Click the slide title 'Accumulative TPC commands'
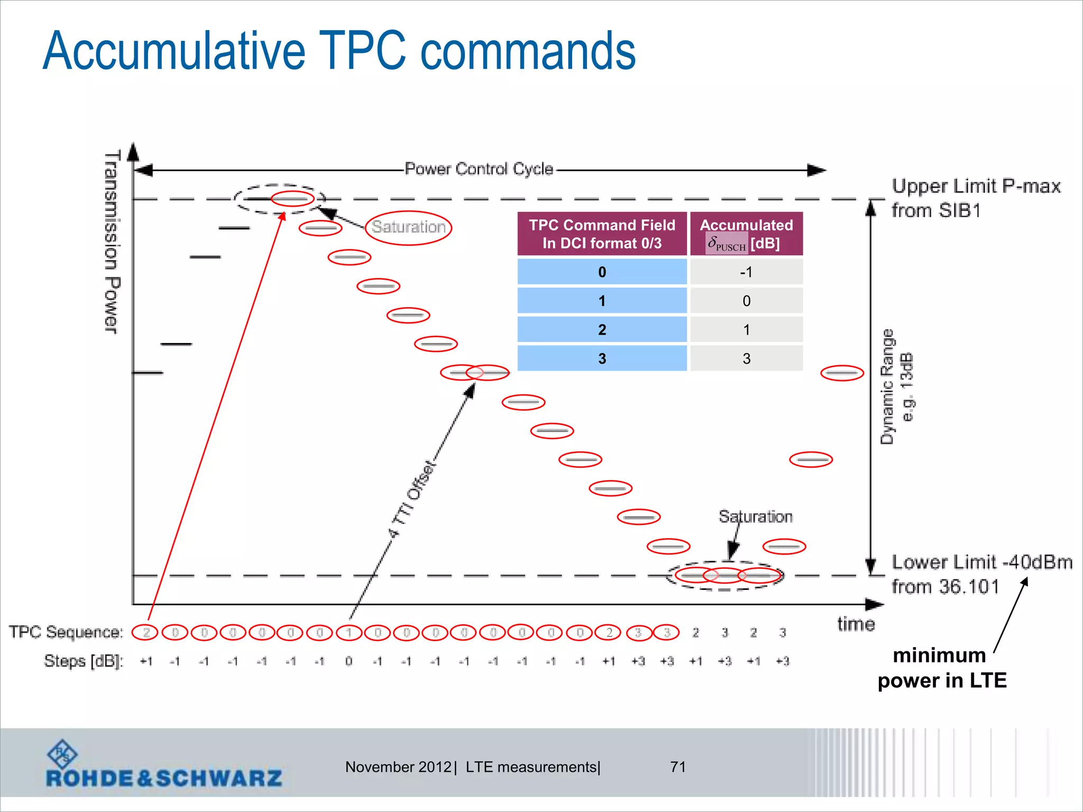(x=338, y=51)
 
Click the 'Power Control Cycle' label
(x=479, y=169)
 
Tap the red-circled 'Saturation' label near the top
(x=408, y=227)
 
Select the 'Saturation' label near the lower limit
(x=755, y=516)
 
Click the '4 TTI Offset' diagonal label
(x=411, y=500)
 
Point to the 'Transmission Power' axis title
(x=112, y=242)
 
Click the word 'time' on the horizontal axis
(x=855, y=624)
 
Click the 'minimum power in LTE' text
(x=941, y=668)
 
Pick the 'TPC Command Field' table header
(x=602, y=234)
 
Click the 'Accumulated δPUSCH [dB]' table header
(x=746, y=234)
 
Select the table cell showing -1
(x=746, y=272)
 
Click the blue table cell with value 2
(x=602, y=330)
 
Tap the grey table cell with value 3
(x=746, y=359)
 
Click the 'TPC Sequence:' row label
(x=66, y=632)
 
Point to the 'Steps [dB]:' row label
(x=84, y=661)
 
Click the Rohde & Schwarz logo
(x=164, y=765)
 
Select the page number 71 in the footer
(x=677, y=767)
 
